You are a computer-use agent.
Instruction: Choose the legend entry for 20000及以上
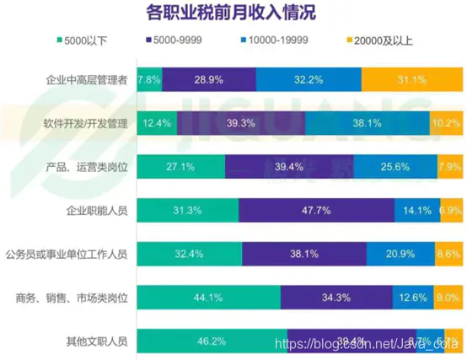pos(378,40)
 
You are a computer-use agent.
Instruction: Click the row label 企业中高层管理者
pos(86,80)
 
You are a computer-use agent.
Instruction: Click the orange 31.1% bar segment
pos(411,79)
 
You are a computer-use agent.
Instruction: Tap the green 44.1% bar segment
pos(207,297)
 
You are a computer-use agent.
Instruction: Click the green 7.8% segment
pos(148,79)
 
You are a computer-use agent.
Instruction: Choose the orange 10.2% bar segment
pos(446,123)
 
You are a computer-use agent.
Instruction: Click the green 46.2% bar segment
pos(211,341)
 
